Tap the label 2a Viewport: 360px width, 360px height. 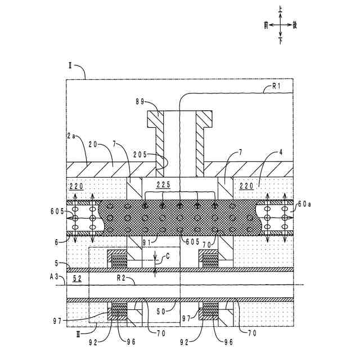tap(71, 136)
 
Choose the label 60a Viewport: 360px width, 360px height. tap(303, 204)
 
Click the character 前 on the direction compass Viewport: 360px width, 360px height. tap(265, 25)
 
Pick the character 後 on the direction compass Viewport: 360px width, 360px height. tap(296, 25)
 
